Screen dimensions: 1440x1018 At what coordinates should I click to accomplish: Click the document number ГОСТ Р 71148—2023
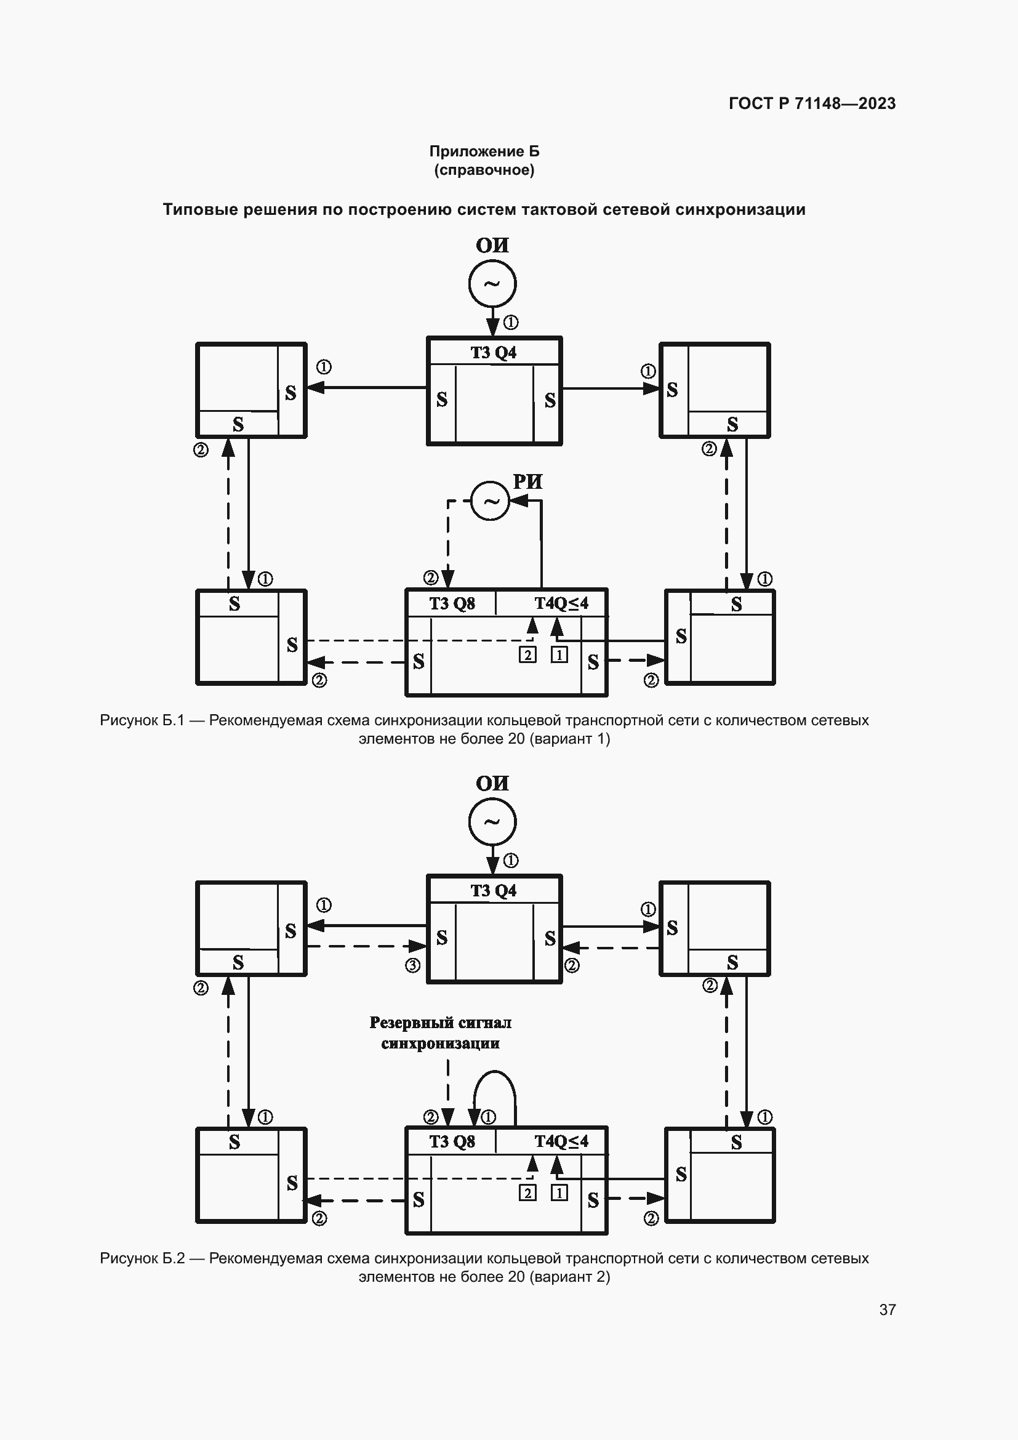coord(812,103)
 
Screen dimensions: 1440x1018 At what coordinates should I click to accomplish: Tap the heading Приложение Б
coord(484,151)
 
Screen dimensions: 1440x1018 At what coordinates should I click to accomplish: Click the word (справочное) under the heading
coord(484,170)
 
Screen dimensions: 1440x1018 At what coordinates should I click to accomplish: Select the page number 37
coord(887,1309)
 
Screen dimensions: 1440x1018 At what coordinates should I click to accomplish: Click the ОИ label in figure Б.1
coord(492,245)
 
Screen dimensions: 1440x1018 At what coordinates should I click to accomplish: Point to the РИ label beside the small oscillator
coord(527,481)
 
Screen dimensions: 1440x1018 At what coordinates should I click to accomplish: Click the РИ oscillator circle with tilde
coord(490,501)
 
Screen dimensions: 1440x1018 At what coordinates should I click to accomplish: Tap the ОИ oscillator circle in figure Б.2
coord(492,822)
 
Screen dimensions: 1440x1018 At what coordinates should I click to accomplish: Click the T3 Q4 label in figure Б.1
coord(494,353)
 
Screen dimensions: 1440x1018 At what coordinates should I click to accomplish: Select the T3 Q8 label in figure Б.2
coord(451,1141)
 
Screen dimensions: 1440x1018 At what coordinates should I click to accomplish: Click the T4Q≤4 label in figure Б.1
coord(561,603)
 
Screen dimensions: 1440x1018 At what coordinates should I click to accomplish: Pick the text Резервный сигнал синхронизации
coord(440,1033)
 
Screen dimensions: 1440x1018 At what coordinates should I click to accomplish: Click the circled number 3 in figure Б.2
coord(412,966)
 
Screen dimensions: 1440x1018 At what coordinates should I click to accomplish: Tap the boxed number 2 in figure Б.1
coord(527,656)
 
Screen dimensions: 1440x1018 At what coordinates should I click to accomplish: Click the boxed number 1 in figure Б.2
coord(559,1193)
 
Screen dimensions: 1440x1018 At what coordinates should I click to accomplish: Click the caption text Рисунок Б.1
coord(142,720)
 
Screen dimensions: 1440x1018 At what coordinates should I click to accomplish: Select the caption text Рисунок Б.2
coord(142,1258)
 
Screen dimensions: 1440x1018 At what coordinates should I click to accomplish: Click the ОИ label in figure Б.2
coord(492,783)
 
